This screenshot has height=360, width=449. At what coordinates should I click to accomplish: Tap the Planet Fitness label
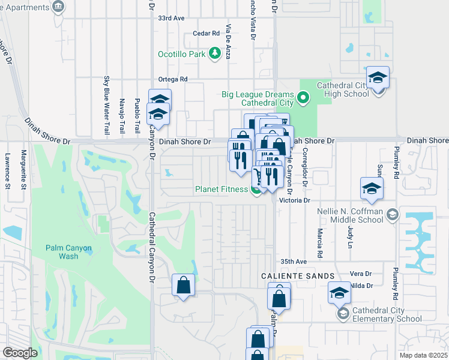pos(221,190)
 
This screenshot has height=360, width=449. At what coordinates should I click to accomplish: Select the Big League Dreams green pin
pos(304,97)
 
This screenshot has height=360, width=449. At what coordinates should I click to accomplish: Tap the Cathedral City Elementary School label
pos(388,314)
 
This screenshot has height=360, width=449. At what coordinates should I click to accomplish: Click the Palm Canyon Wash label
pos(62,252)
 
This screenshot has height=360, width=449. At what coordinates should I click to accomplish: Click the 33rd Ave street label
pos(171,19)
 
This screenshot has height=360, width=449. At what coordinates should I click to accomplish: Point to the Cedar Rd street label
pos(206,34)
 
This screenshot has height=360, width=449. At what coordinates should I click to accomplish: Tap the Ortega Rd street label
pos(173,79)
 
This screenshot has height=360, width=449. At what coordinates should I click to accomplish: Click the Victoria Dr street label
pos(297,200)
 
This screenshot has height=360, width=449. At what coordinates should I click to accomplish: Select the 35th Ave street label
pos(294,262)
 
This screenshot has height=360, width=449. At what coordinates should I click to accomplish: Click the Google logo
pos(20,353)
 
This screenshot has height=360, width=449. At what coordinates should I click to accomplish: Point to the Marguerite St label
pos(23,169)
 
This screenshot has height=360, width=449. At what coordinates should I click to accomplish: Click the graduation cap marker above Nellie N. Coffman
pos(372,189)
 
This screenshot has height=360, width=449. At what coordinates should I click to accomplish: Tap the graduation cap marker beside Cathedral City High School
pos(378,78)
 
